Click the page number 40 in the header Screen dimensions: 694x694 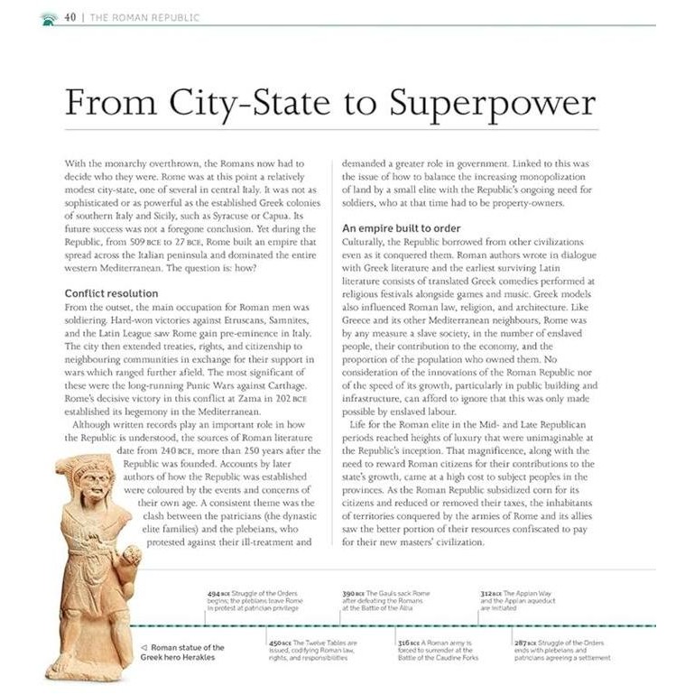point(69,17)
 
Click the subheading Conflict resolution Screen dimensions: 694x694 point(111,293)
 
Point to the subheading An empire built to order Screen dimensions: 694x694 point(402,228)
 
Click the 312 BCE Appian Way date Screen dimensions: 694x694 point(490,593)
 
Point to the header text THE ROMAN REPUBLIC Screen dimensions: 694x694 point(144,17)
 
